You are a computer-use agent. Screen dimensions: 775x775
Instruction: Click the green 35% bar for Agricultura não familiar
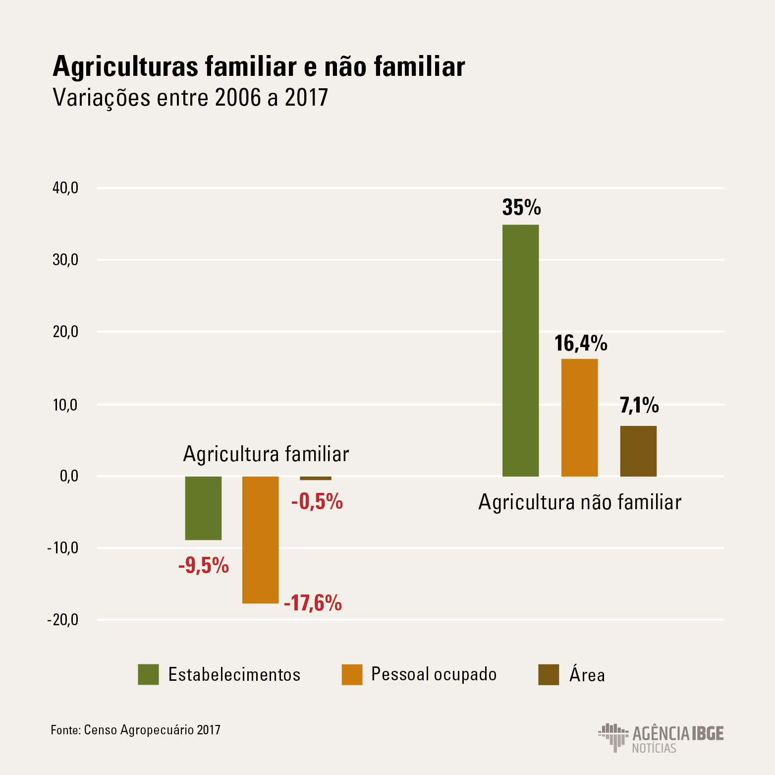coord(520,351)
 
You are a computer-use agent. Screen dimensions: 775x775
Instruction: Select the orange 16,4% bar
coord(579,417)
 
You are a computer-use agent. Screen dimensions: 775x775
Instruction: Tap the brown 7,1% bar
coord(638,451)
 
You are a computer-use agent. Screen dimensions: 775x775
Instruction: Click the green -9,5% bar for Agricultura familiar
coord(203,508)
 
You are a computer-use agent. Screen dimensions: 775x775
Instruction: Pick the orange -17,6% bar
coord(260,539)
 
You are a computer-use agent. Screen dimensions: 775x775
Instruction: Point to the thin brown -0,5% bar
coord(316,478)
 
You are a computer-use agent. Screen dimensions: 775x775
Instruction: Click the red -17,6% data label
coord(313,603)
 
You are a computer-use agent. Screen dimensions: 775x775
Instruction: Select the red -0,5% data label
coord(317,502)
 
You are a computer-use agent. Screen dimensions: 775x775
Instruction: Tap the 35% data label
coord(521,207)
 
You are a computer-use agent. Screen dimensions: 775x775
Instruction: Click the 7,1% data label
coord(639,406)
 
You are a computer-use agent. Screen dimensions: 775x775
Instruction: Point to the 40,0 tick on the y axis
coord(65,188)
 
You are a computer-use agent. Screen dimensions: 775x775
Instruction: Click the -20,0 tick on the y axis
coord(63,620)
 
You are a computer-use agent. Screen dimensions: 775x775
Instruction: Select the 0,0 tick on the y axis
coord(69,476)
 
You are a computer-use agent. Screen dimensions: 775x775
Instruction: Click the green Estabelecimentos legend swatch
coord(148,674)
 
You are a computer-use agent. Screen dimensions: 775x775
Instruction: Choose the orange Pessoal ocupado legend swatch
coord(352,674)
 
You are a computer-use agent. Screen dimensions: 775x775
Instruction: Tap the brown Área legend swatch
coord(549,674)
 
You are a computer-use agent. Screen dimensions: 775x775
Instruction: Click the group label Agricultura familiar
coord(266,454)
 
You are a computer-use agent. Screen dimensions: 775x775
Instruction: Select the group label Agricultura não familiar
coord(580,502)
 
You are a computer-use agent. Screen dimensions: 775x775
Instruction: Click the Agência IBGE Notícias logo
coord(661,738)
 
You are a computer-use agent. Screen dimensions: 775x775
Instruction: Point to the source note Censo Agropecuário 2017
coord(136,730)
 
